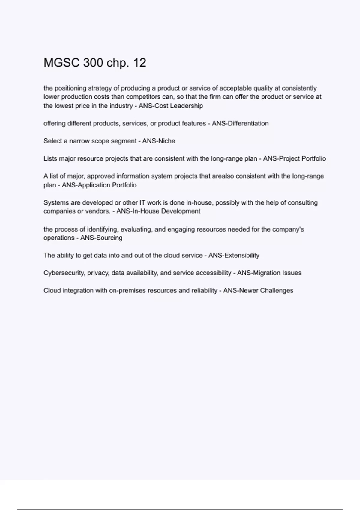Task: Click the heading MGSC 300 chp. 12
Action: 95,63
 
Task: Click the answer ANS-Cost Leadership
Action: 171,106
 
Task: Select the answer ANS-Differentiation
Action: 240,123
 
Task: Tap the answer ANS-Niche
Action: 159,141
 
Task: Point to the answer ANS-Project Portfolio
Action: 294,158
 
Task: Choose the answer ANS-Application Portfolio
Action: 99,185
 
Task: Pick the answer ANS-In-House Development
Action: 158,211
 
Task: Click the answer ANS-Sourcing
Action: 101,238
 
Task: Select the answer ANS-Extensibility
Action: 234,255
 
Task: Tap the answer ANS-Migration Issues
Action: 269,273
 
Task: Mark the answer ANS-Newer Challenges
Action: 258,290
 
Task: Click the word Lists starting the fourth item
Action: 50,158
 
